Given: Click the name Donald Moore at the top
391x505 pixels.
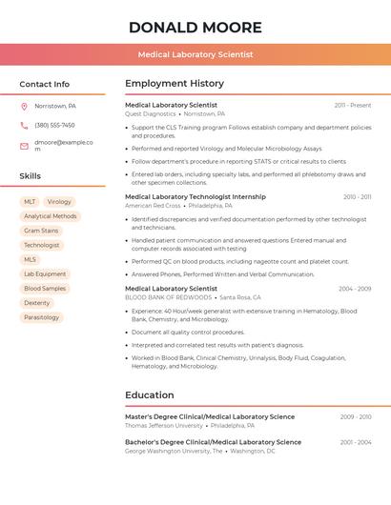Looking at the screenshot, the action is click(x=195, y=27).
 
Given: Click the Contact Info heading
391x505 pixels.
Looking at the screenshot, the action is click(x=45, y=84).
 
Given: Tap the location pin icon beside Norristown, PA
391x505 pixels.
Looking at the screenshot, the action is click(x=24, y=106).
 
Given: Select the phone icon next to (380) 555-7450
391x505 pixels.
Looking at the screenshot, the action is click(x=24, y=125).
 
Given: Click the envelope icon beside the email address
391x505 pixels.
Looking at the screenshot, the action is click(x=24, y=146).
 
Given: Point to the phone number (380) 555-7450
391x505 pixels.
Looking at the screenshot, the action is click(x=54, y=125).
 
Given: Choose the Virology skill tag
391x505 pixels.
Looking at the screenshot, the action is click(x=59, y=202).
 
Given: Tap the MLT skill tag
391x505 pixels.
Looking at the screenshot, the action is click(x=30, y=202).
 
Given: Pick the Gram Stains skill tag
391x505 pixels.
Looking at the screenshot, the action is click(x=41, y=231).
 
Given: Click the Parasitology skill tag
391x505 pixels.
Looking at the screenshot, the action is click(x=42, y=317).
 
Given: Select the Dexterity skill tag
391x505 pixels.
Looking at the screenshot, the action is click(x=36, y=303).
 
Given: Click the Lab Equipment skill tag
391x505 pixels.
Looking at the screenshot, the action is click(x=45, y=273).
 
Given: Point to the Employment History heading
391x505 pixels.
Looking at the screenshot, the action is click(x=175, y=84).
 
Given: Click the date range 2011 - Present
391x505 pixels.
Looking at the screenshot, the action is click(x=353, y=105).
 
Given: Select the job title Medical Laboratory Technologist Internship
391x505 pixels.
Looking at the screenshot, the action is click(x=195, y=196).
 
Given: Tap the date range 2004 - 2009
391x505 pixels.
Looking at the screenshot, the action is click(x=355, y=289).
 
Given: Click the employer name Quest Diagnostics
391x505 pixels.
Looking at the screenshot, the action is click(x=151, y=113).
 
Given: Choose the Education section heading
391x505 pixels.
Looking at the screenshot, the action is click(x=150, y=394).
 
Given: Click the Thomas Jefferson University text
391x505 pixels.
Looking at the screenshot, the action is click(x=164, y=425).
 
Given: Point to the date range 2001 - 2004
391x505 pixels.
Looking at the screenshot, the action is click(x=356, y=442).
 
